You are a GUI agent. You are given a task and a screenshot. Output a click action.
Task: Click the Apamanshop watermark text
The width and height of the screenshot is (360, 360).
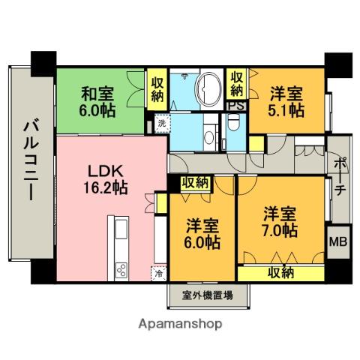tap(180, 324)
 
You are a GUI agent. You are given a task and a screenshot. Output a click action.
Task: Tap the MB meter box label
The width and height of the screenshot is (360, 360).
tap(338, 241)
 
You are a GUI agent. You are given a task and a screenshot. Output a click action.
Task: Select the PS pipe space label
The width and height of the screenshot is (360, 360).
tap(236, 106)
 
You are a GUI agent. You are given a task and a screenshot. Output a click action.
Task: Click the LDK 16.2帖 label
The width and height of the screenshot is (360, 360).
tap(106, 179)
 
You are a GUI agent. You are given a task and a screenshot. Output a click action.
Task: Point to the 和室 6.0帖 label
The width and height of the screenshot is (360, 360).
tap(97, 102)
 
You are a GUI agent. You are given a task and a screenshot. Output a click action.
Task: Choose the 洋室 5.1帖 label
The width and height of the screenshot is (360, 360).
tap(286, 102)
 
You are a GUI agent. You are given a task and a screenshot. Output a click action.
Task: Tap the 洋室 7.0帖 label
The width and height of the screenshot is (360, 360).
tap(280, 221)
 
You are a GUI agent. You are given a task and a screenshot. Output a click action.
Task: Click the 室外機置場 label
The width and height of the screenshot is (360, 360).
tap(208, 295)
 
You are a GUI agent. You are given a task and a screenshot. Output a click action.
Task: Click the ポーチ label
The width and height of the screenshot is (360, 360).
tap(340, 176)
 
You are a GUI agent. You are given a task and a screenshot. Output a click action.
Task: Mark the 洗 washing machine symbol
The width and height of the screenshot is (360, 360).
tap(162, 123)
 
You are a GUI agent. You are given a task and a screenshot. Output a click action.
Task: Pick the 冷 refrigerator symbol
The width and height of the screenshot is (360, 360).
tap(158, 274)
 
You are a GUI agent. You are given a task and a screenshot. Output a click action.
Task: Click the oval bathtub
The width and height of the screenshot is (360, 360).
tap(209, 89)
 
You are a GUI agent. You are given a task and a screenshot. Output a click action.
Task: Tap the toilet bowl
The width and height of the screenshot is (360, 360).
tap(233, 122)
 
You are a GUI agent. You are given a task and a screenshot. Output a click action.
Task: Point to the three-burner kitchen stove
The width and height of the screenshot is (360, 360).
tap(121, 270)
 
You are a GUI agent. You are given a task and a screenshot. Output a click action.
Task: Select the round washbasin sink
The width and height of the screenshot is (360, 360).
tap(209, 136)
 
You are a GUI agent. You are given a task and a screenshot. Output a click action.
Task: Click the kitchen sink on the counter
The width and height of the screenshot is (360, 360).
tap(121, 229)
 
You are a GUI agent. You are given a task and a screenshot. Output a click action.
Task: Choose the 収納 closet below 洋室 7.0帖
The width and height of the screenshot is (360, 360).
tap(280, 273)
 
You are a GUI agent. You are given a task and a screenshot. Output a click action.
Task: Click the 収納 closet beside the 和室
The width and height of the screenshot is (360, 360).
tap(157, 90)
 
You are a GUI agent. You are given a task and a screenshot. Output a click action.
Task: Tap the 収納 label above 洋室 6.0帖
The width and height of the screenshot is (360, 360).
tap(195, 183)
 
